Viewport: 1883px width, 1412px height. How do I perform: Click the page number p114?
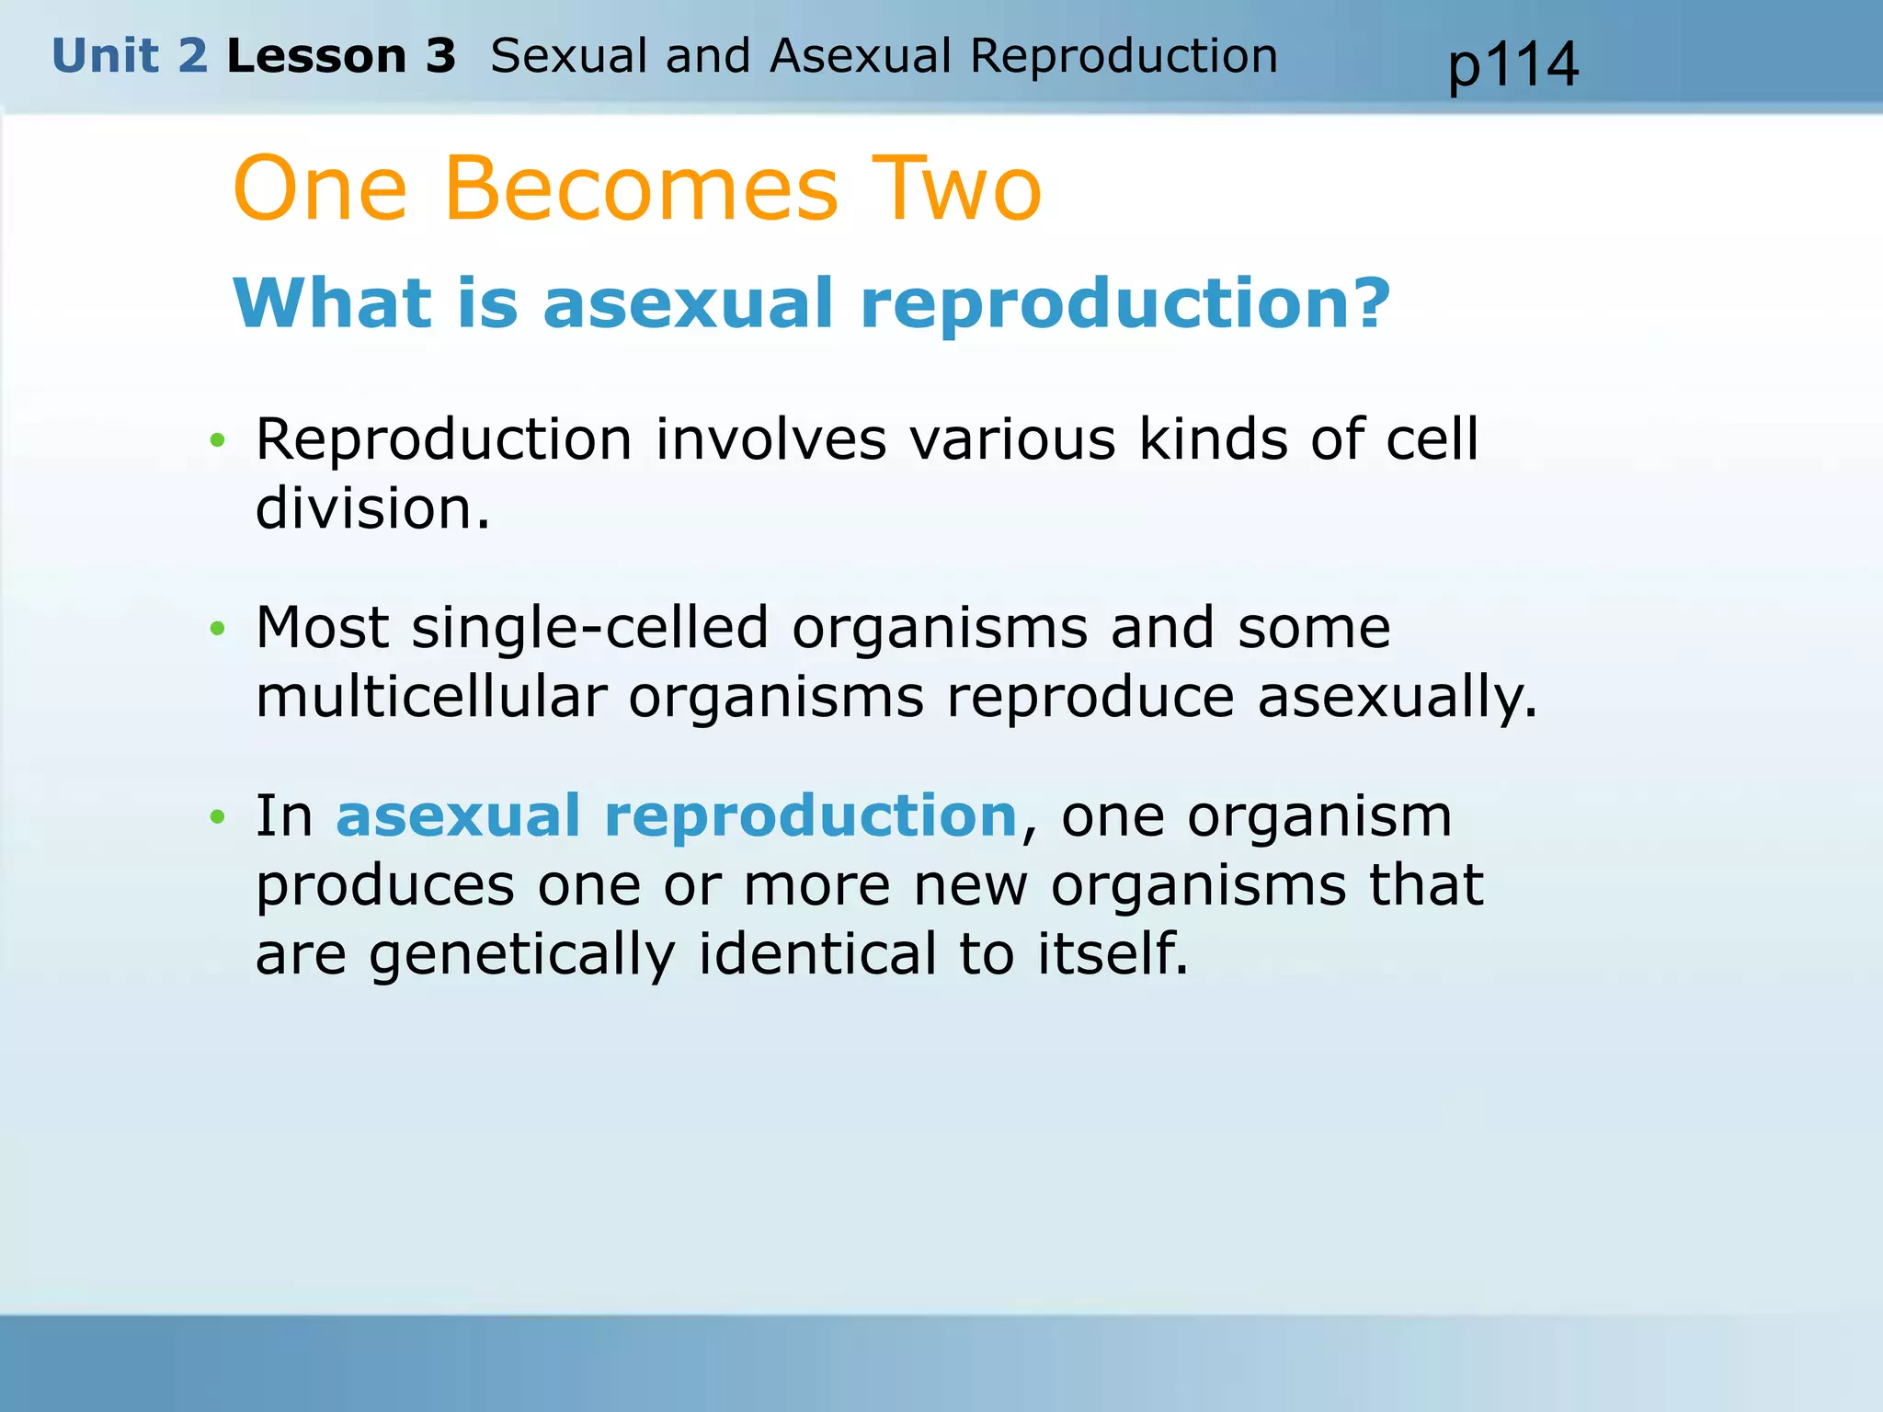(x=1512, y=66)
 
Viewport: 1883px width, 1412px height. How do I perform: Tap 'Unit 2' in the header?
(x=130, y=56)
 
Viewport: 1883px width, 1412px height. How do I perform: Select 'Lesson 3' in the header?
(x=341, y=56)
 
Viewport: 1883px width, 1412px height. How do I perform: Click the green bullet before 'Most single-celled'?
(x=217, y=629)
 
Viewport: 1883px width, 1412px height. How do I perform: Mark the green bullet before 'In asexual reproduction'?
(x=217, y=816)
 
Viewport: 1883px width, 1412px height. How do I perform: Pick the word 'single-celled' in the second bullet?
(x=589, y=628)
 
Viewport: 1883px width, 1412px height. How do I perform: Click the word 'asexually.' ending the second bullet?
(x=1397, y=699)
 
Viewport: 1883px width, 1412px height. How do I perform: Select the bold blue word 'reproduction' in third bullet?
(x=810, y=816)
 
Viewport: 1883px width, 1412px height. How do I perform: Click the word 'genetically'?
(x=521, y=956)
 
